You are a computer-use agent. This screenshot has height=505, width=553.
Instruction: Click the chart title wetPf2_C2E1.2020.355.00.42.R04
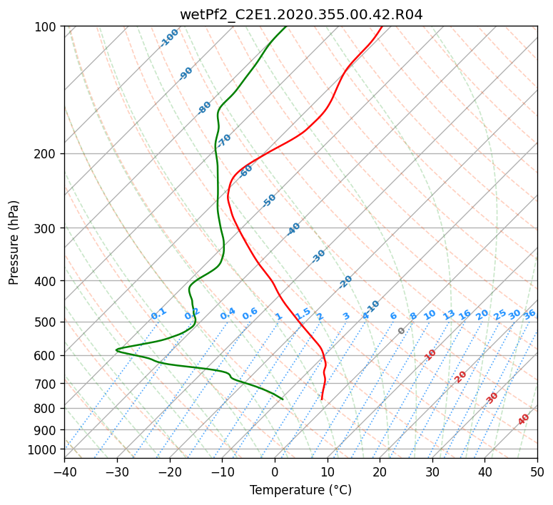tap(301, 15)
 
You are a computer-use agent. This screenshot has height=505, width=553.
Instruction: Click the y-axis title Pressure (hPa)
tap(14, 243)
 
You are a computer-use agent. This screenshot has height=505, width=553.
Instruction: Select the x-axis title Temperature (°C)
tap(301, 490)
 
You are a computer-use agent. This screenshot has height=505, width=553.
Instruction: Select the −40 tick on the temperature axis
tap(64, 471)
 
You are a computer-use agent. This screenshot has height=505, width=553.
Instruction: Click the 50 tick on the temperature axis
tap(537, 471)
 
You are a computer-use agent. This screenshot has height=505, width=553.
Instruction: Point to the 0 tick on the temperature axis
tap(275, 471)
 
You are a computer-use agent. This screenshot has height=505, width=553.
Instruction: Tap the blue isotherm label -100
tap(169, 38)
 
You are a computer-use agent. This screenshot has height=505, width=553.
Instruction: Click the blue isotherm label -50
tap(269, 200)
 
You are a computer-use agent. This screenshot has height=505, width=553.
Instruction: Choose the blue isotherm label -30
tap(318, 256)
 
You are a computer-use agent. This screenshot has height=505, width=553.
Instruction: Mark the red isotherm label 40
tap(524, 419)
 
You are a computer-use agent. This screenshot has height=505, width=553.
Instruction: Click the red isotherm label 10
tap(430, 354)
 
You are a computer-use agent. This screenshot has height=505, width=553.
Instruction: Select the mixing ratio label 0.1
tap(158, 314)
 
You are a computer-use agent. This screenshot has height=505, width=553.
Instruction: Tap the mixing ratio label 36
tap(529, 315)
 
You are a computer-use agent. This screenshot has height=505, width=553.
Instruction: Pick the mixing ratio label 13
tap(449, 315)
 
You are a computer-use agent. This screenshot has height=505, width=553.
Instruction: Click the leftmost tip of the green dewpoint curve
tap(116, 350)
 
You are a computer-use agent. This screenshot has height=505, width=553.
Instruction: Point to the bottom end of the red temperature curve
tap(322, 399)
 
